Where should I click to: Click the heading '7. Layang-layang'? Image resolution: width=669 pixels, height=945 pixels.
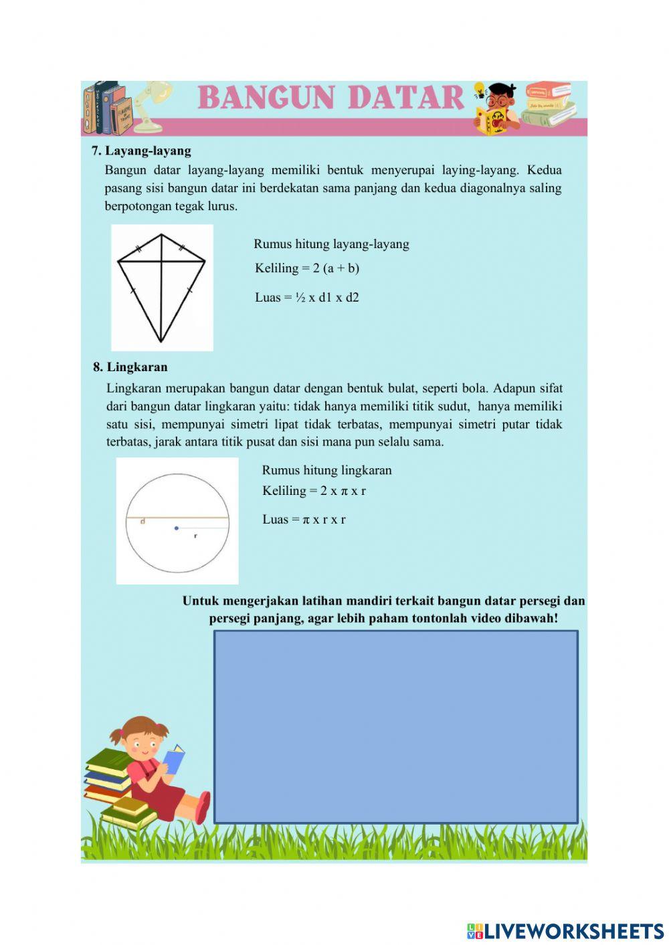141,151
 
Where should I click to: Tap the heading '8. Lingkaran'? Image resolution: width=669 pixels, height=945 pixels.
130,367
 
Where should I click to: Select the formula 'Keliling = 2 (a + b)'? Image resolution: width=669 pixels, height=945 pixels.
307,269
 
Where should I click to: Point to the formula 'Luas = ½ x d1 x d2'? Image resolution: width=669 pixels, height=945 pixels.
307,298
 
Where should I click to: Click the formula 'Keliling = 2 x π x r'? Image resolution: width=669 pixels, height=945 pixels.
314,491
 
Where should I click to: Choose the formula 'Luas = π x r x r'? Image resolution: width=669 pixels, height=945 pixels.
304,520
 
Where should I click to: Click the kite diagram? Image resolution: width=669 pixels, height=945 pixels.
161,288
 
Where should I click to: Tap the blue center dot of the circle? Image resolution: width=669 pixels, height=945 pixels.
177,528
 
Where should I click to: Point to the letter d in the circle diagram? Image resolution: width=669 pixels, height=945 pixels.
142,522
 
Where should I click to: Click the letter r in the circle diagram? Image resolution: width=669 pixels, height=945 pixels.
195,536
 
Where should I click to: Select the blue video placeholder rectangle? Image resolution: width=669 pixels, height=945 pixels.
395,726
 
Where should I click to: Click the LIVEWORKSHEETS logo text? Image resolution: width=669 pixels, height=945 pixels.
565,931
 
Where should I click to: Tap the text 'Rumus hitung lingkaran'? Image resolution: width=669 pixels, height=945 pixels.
326,470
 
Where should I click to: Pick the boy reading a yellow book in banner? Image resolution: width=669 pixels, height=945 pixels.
498,108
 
